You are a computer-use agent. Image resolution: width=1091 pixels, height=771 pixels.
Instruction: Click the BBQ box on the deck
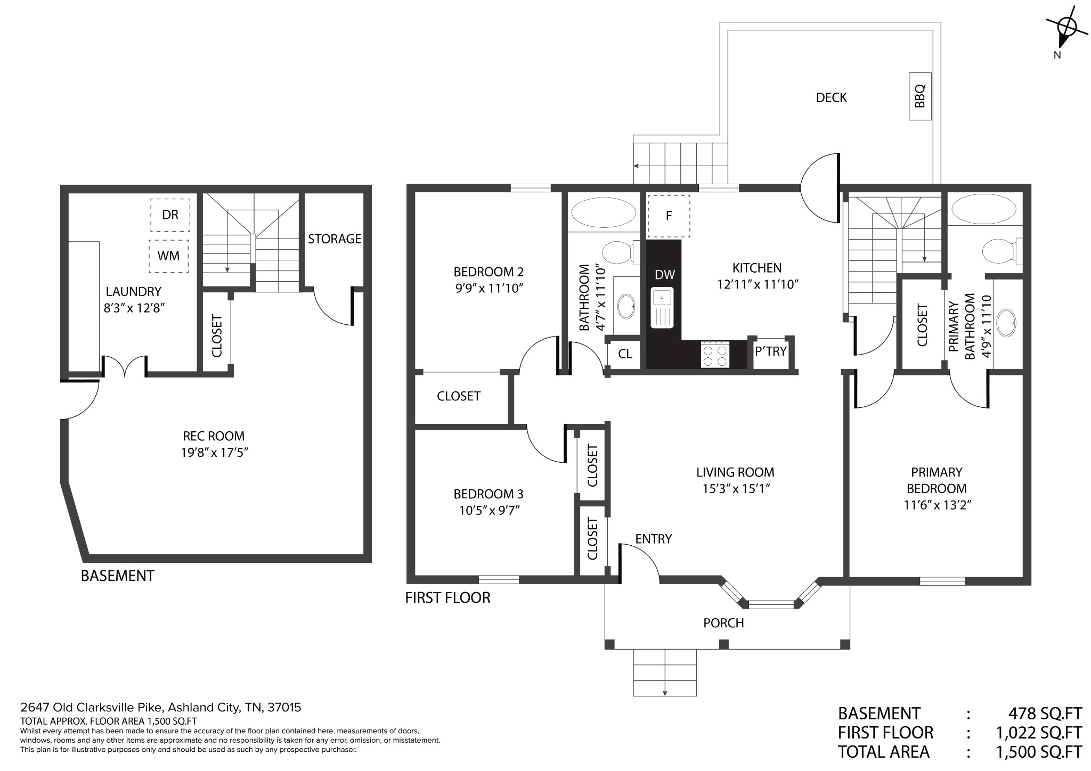pyautogui.click(x=920, y=96)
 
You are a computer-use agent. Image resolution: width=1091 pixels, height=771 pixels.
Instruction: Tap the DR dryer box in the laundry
pyautogui.click(x=170, y=215)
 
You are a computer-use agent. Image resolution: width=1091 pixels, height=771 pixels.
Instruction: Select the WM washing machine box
pyautogui.click(x=168, y=256)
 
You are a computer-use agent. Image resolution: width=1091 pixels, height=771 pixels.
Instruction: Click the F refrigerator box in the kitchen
pyautogui.click(x=669, y=216)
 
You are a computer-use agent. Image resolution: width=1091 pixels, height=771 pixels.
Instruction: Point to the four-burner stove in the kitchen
pyautogui.click(x=715, y=354)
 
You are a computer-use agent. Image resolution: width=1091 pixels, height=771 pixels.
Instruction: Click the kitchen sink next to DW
pyautogui.click(x=663, y=308)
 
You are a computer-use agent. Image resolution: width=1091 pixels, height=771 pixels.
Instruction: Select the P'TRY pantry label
pyautogui.click(x=770, y=351)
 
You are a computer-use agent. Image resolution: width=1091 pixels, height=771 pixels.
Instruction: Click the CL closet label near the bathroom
pyautogui.click(x=625, y=354)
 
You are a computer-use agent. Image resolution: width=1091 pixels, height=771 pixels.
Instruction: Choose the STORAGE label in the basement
pyautogui.click(x=335, y=239)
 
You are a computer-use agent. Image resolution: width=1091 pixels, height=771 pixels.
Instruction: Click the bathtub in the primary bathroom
pyautogui.click(x=983, y=209)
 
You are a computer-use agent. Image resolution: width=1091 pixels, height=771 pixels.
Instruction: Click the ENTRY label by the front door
pyautogui.click(x=654, y=539)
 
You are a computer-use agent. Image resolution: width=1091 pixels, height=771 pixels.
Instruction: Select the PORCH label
pyautogui.click(x=723, y=623)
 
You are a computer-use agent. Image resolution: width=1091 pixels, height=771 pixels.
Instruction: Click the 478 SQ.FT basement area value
pyautogui.click(x=1045, y=713)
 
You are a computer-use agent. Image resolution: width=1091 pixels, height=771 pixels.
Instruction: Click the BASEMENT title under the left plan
pyautogui.click(x=117, y=576)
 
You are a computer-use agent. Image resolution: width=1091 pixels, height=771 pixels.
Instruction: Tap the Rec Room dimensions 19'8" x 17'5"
pyautogui.click(x=214, y=453)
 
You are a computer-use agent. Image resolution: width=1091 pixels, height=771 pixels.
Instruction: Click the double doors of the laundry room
pyautogui.click(x=124, y=366)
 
